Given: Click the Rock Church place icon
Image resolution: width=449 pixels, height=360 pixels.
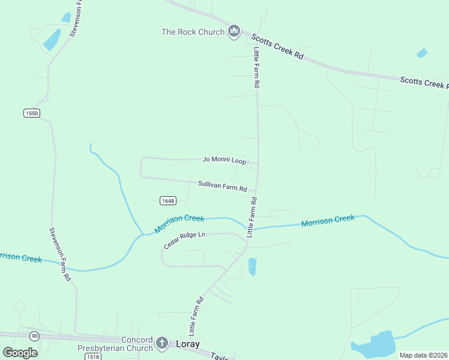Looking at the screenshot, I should pos(234,31).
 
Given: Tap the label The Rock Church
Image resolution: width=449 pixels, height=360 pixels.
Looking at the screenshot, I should pos(193,32).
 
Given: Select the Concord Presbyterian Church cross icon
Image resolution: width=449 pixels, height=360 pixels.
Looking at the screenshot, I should pos(161,343).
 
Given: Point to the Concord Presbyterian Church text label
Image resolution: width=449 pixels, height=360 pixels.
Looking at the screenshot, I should pos(115,344).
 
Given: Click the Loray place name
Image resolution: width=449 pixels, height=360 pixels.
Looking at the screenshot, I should pos(187,344).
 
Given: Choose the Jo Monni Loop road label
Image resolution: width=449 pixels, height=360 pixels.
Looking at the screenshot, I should pos(224,160).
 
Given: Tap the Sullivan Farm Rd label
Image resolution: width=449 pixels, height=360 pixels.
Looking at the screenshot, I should pos(223,186).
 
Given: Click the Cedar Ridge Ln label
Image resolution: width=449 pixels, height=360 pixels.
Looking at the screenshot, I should pos(185,240).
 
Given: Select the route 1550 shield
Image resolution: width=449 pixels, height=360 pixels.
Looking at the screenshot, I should pos(32,113).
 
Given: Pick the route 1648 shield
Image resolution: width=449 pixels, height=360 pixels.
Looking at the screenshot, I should pos(167,200).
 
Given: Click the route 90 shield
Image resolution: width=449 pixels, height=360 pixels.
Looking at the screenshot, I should pos(34,335).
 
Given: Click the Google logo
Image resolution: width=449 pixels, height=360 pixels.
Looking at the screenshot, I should pos(20,352).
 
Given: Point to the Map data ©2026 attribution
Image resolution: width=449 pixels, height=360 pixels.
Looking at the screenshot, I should pos(423,355).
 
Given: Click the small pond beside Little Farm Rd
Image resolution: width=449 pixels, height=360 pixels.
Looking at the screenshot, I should pos(252,266).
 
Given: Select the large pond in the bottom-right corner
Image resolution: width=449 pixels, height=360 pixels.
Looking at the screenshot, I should pos(375,344).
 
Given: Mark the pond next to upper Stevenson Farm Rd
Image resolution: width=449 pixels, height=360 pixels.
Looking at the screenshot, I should pos(52,40).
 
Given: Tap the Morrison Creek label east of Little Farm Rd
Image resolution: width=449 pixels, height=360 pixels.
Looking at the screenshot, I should pos(328,221).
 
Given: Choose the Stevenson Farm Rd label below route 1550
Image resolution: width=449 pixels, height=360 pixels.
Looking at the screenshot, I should pos(59,254).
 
